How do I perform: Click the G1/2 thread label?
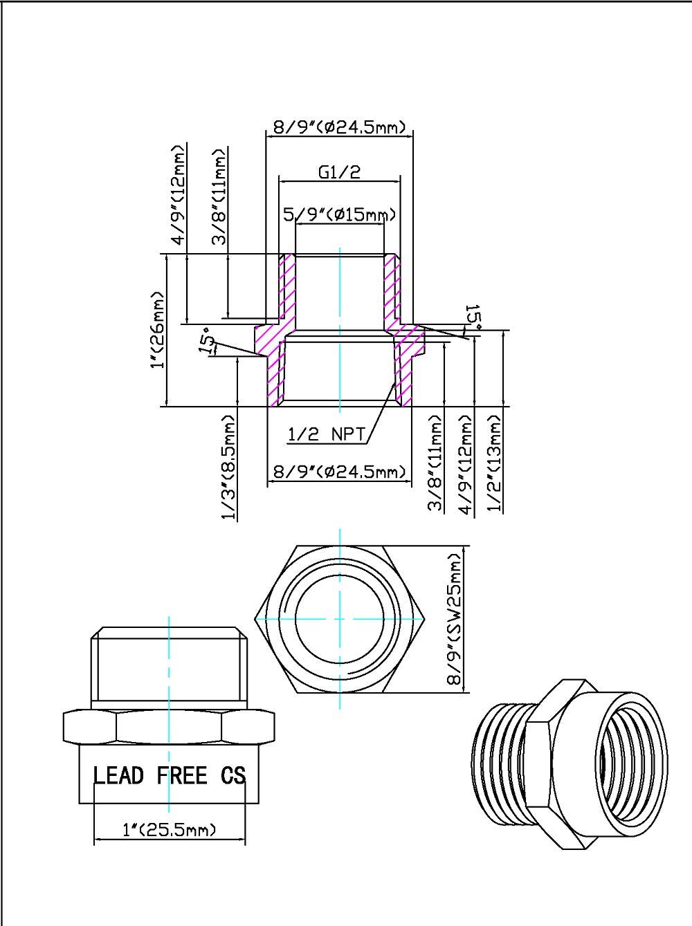tap(340, 173)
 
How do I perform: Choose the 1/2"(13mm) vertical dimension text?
tap(495, 463)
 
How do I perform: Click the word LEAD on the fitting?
tap(118, 775)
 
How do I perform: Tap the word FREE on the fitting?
tap(181, 775)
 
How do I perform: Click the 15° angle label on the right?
tap(473, 315)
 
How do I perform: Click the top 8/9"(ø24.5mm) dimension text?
tap(340, 127)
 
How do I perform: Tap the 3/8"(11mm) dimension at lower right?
tap(435, 463)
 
